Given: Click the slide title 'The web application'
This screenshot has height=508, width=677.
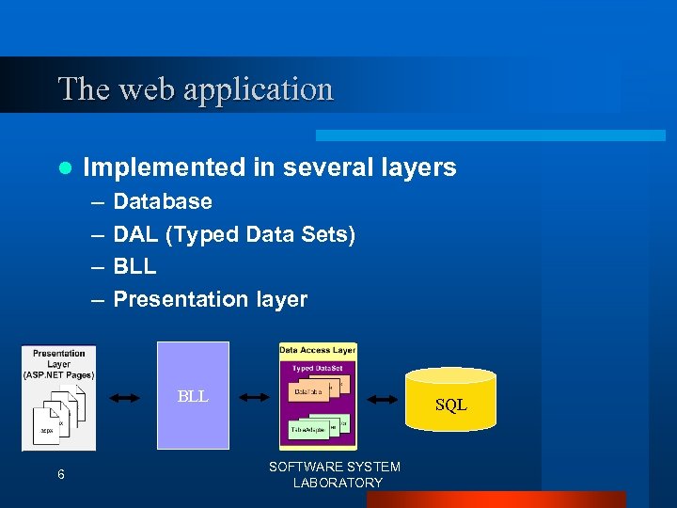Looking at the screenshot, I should (196, 88).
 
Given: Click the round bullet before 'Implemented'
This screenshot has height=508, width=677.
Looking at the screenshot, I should (64, 168).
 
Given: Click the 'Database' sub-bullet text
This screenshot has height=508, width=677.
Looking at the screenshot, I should (163, 201).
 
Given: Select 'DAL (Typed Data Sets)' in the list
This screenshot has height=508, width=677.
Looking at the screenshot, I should (234, 234).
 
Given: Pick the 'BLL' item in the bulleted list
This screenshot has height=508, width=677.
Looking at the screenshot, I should (134, 266).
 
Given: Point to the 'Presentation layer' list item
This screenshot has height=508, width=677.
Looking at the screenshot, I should (210, 299).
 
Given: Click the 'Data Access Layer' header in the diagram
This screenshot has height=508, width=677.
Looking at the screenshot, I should (317, 350).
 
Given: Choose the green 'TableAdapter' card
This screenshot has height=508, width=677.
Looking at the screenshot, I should (311, 428).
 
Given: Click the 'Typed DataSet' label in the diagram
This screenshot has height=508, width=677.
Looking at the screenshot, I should (317, 368).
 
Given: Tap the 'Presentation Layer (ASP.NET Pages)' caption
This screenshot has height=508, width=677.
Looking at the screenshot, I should (58, 364).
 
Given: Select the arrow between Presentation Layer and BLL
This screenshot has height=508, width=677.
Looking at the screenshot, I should (125, 399).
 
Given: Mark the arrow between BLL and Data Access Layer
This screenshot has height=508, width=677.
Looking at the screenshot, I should (254, 398).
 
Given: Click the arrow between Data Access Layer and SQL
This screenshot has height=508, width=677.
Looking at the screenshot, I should (382, 400).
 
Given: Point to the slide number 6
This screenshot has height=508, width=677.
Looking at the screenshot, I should (60, 474).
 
